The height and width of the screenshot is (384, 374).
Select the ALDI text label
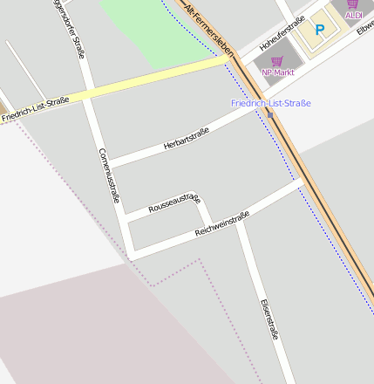coord(353,16)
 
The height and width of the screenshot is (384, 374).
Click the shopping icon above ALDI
coord(353,4)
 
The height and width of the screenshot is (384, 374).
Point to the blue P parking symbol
coord(319,30)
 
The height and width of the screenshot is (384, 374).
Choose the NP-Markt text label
coord(277,72)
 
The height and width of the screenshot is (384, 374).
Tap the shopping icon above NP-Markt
coord(277,61)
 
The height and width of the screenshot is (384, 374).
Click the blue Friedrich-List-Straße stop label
coord(270,103)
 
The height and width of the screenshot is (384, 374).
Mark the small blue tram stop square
coord(269,114)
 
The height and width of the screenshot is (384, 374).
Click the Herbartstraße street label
coord(186,140)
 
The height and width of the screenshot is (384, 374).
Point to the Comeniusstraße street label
coord(109,174)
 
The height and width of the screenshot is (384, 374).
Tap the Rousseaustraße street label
coord(174,203)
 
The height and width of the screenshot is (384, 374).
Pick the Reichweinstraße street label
coord(222,224)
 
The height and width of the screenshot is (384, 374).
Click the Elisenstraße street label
coord(269,319)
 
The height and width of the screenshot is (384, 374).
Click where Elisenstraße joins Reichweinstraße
coord(238,220)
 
